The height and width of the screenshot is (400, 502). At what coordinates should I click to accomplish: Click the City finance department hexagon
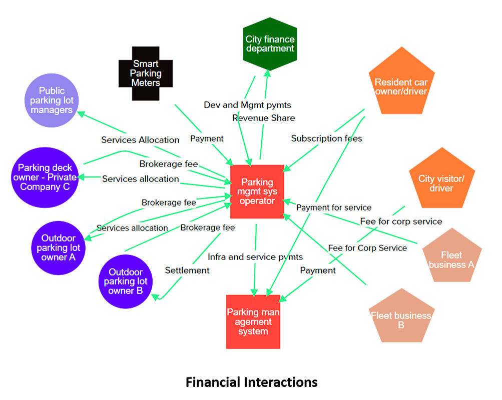point(270,44)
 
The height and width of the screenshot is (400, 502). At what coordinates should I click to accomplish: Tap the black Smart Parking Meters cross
point(146,73)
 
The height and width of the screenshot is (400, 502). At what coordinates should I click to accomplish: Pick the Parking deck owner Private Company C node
point(45,177)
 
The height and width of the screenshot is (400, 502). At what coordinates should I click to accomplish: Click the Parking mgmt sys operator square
point(257,191)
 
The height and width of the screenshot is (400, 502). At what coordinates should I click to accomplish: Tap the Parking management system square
point(253,321)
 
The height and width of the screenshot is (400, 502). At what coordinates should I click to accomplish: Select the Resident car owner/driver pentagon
point(401,85)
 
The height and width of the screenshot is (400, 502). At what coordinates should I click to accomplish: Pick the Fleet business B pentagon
point(400,318)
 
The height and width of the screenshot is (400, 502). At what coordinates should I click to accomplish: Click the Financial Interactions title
point(251,382)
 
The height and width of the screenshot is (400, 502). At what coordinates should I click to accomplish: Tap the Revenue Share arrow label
point(264,118)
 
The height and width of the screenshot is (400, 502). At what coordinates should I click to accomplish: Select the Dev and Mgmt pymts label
point(247,105)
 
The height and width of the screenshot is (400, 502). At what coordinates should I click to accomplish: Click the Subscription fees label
point(326,138)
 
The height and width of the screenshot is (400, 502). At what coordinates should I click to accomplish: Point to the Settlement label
point(187,270)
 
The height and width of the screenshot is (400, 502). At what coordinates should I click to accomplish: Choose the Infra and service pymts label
point(255,257)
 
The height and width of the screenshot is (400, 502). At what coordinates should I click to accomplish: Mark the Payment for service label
point(334,207)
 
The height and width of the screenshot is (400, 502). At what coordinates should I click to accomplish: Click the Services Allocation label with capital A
point(140,140)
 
